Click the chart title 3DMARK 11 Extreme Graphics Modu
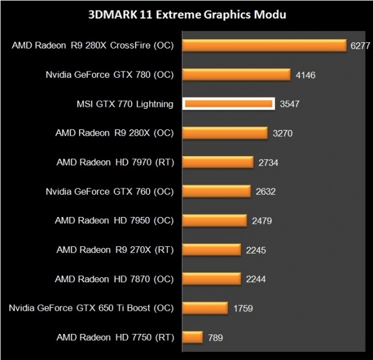click(x=187, y=14)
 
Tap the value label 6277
click(x=359, y=45)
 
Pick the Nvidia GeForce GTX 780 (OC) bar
click(x=236, y=75)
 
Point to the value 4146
click(x=306, y=75)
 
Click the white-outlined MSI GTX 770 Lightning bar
click(x=229, y=104)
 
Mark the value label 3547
click(x=290, y=104)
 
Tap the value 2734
click(x=269, y=162)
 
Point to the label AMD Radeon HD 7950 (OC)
click(x=114, y=220)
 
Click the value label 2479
click(x=263, y=221)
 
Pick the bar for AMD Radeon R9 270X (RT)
click(x=211, y=249)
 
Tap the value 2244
click(x=256, y=279)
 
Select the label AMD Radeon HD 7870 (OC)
click(x=114, y=279)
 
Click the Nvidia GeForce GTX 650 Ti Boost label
click(x=91, y=308)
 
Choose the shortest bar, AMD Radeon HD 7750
click(x=193, y=337)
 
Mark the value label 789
click(x=214, y=338)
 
